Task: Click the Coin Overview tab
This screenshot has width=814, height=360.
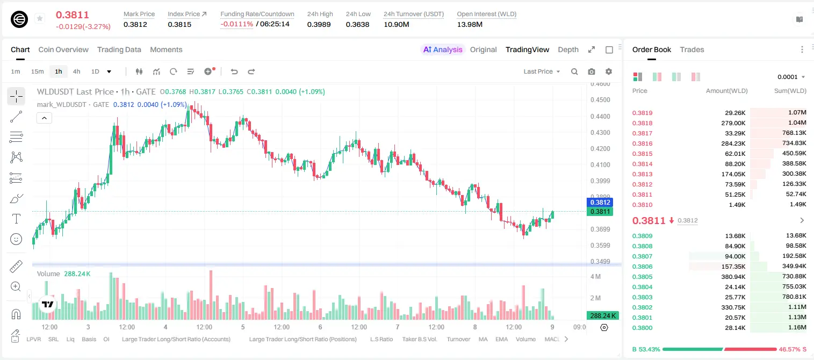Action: pos(63,49)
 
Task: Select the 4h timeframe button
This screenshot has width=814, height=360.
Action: pos(76,71)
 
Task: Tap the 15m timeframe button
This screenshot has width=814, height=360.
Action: pos(37,71)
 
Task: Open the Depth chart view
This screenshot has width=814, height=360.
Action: pos(568,49)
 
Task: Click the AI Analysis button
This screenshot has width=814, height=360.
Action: pos(443,49)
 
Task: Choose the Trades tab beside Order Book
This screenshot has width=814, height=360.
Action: pos(692,49)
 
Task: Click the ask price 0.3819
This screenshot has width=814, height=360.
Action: pos(642,113)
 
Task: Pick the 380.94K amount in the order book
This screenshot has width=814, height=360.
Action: pos(733,277)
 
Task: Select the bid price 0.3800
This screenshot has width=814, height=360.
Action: pos(642,328)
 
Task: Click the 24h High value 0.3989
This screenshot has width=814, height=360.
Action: pos(319,24)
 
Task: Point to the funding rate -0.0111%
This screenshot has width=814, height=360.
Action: pos(236,24)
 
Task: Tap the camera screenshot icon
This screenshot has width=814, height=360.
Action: pos(592,71)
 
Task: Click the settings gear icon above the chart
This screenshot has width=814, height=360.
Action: pos(609,71)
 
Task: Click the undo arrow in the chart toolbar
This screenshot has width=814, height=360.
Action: pos(234,71)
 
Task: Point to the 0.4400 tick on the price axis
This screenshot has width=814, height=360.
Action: pos(600,116)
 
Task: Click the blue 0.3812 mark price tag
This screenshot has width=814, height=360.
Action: pos(600,203)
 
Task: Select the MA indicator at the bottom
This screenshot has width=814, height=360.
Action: pos(483,339)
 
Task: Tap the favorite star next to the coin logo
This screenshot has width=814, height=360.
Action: pos(40,18)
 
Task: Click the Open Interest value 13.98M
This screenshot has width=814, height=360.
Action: pos(470,24)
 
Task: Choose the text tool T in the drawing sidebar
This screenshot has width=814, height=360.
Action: pos(16,219)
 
